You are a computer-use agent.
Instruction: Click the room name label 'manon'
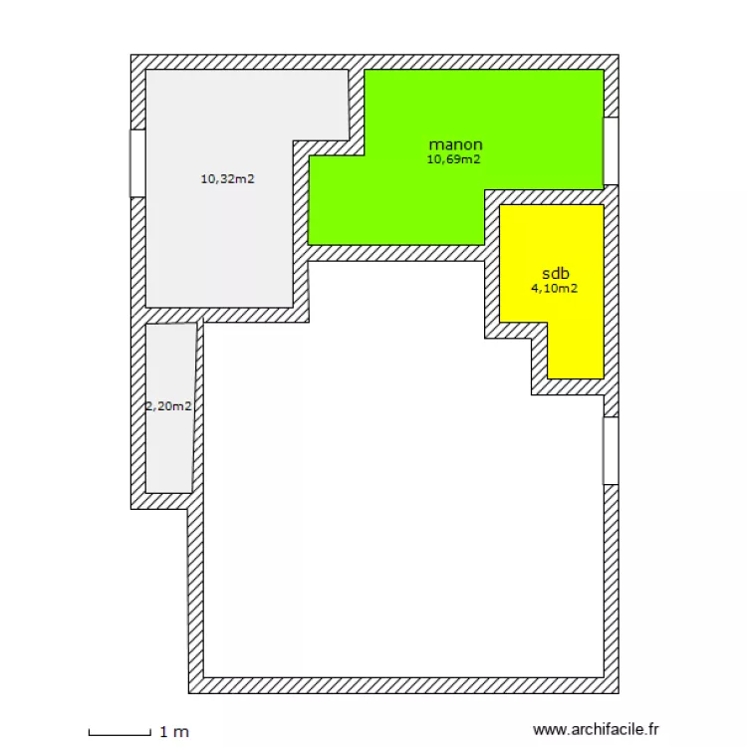coord(455,143)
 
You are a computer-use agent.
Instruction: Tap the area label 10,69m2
coord(454,158)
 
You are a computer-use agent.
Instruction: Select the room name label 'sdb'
coord(555,273)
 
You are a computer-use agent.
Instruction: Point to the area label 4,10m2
coord(555,289)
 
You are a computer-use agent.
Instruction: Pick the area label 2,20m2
coord(168,405)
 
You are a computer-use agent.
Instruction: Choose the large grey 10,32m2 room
coord(219,249)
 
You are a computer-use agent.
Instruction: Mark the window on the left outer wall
coord(137,163)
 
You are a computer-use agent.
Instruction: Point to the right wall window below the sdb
coord(611,450)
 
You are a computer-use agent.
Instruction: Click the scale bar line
coord(120,734)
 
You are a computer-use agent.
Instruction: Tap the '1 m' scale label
coord(173,732)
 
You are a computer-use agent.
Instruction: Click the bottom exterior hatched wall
coord(398,685)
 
